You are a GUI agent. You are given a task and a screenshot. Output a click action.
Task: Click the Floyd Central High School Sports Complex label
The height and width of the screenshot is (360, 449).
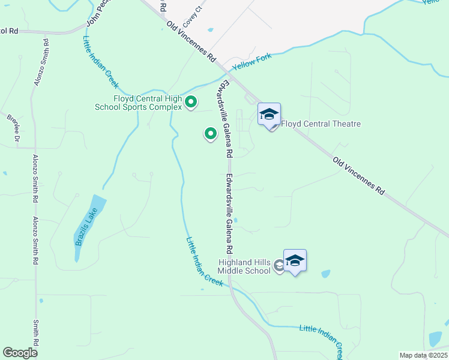146,103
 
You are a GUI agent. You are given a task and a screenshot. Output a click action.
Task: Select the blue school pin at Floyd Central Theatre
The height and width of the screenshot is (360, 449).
270,114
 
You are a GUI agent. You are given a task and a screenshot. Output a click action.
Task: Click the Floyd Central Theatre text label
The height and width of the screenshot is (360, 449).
321,124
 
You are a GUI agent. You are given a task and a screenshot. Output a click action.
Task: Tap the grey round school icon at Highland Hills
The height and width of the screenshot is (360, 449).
279,265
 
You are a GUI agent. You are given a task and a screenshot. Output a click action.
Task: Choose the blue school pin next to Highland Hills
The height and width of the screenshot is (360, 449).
295,261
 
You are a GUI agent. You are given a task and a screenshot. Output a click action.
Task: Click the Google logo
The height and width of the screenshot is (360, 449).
20,353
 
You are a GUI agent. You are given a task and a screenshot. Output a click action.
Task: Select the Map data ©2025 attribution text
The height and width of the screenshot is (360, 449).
423,355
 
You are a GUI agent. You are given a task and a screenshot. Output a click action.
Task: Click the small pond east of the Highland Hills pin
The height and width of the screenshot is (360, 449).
325,274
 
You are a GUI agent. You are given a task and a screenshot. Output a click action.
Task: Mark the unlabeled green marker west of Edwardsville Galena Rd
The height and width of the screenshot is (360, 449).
210,134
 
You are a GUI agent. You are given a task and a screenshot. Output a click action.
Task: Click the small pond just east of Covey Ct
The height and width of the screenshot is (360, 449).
210,29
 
